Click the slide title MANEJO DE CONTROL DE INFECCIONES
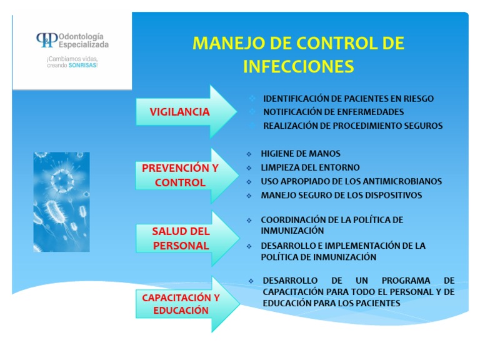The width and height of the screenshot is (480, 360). pos(298,54)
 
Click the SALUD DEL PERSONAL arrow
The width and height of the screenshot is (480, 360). pos(181,239)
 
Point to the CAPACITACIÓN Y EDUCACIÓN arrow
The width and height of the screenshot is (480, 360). pos(181,304)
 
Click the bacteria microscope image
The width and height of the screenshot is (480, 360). pos(61,202)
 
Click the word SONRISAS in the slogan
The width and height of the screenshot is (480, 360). pos(82,65)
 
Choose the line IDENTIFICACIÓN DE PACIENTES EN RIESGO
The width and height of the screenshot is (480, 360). pos(348,99)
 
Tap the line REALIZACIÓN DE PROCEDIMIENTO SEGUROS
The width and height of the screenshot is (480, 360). pos(352,126)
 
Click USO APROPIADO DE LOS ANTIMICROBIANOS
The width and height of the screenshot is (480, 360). pos(351,181)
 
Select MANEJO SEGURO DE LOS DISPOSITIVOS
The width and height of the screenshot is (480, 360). pos(341,195)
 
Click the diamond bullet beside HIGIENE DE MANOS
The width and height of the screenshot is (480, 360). pos(248,154)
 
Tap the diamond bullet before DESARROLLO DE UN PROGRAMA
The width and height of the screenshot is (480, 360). pos(251,281)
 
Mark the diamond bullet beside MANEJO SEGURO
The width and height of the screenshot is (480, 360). pos(248,196)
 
